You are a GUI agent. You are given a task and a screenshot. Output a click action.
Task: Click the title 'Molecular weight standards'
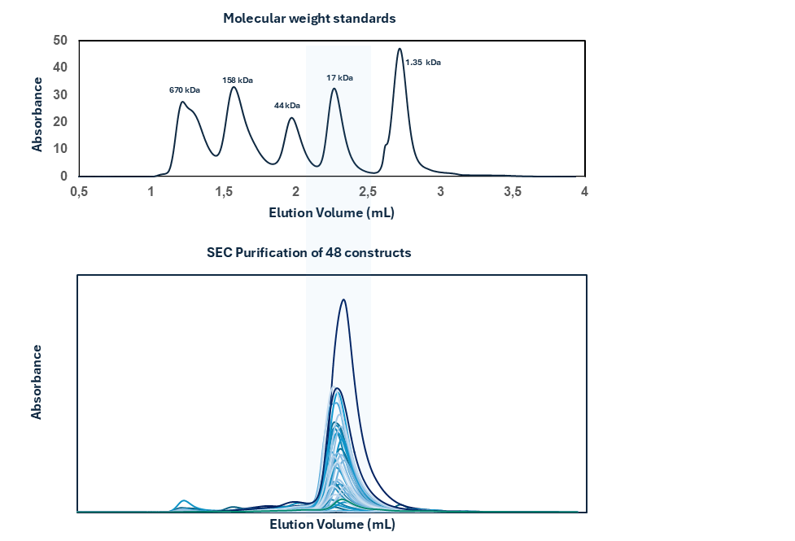coord(309,19)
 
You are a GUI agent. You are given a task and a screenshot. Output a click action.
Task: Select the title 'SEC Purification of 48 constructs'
coord(309,253)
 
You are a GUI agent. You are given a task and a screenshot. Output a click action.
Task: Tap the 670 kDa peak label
coord(185,89)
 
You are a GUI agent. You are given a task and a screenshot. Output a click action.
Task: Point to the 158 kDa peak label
coord(238,80)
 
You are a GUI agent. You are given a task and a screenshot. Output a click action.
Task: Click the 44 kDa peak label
coord(286,106)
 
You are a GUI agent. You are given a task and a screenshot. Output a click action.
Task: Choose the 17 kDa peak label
coord(339,78)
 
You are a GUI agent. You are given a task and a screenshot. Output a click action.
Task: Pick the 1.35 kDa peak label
coord(423,62)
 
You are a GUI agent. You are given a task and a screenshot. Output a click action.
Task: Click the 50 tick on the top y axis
coord(60,40)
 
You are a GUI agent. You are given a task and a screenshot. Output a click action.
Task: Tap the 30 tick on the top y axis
coord(60,94)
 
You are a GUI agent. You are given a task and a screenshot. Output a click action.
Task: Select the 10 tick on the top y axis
coord(60,149)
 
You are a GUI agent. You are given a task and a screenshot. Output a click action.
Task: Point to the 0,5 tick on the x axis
coord(79,192)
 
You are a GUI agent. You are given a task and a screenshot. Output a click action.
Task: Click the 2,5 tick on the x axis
coord(369,192)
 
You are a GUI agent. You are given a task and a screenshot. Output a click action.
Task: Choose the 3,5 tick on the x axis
coord(513,192)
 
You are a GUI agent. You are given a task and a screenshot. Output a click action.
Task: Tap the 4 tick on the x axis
coord(584,192)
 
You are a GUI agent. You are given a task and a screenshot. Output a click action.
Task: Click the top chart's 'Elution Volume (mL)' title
coord(332,212)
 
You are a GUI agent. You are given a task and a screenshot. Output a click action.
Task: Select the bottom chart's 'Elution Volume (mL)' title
coord(332,525)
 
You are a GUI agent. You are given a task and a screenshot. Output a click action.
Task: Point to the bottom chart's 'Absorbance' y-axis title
coord(37,382)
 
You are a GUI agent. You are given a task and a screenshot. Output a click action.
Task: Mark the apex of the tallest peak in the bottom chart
coord(344,299)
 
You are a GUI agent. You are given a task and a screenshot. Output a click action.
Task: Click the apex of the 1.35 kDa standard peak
coord(400,49)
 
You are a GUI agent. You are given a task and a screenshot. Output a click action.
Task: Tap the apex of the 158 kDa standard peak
coord(234,87)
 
